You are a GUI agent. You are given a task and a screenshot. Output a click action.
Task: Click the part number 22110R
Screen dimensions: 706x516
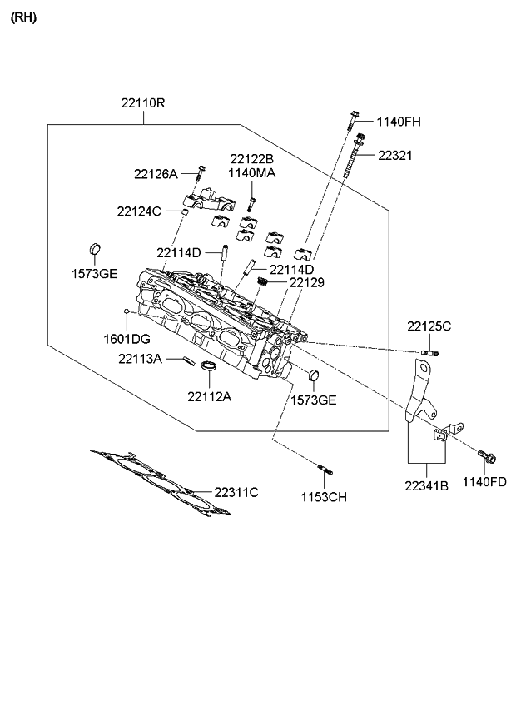pos(143,103)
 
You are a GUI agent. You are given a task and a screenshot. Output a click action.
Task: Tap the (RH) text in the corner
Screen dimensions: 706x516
pos(22,17)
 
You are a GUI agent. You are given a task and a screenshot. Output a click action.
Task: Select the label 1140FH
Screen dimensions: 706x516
pos(399,122)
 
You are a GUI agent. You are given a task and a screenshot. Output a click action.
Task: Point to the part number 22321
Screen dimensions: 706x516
pos(394,156)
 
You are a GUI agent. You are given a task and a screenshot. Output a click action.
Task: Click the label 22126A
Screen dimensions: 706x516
pos(156,174)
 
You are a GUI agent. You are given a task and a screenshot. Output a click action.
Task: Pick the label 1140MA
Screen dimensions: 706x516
pos(252,173)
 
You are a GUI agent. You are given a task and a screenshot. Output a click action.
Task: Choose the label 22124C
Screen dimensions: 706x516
pos(139,211)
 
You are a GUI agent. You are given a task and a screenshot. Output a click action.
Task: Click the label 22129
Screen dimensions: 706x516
pos(307,283)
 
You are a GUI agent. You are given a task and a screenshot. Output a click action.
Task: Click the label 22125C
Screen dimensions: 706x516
pos(429,326)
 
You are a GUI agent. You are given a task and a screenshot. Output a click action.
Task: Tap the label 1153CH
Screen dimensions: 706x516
pos(324,497)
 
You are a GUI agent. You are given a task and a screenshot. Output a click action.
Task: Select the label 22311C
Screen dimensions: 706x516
pos(236,492)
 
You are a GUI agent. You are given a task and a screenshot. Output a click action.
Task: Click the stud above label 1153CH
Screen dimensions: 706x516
pos(325,470)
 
